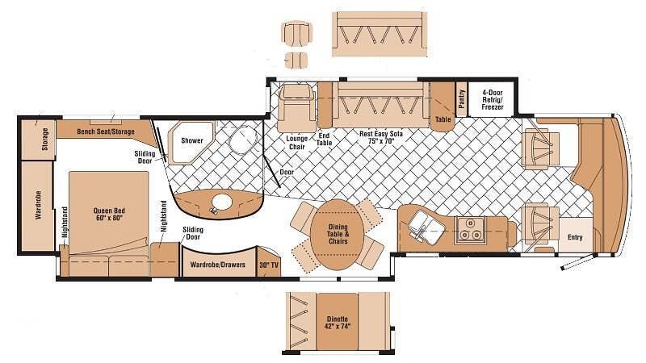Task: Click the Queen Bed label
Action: click(x=109, y=214)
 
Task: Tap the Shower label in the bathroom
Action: click(x=192, y=140)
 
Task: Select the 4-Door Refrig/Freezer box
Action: click(x=492, y=99)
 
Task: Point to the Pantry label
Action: click(x=461, y=98)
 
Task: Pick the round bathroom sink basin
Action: click(x=222, y=202)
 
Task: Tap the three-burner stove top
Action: click(x=471, y=229)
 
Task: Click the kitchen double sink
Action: click(x=425, y=227)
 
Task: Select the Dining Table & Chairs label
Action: click(x=338, y=234)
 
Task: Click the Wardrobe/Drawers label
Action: click(x=217, y=265)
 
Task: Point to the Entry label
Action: click(x=575, y=237)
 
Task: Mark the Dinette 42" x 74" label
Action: click(x=338, y=322)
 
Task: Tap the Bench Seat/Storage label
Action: click(x=106, y=131)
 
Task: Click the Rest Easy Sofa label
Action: click(x=380, y=137)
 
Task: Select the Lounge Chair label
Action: click(x=296, y=143)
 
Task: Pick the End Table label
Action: click(x=325, y=139)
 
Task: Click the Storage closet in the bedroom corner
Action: click(x=38, y=139)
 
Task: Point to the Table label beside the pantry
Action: click(x=443, y=119)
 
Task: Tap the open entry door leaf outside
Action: click(x=578, y=261)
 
